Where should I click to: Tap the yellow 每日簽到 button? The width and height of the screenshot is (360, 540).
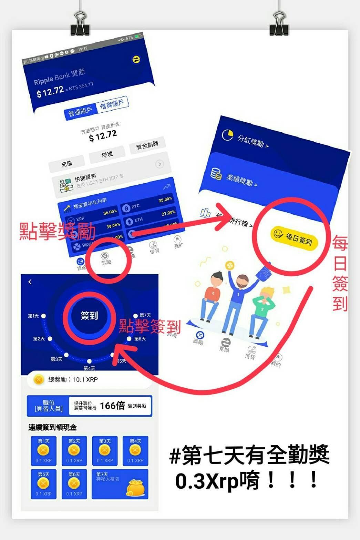coord(294,237)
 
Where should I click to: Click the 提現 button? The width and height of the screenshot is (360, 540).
coord(107,155)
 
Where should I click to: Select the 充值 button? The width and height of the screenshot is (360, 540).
coord(67,164)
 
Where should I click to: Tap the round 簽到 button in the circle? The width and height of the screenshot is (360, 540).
coord(89,315)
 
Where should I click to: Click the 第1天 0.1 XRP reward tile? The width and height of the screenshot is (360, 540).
coord(43,451)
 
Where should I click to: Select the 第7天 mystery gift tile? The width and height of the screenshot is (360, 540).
coord(120,484)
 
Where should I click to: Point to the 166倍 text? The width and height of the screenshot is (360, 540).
coord(112,406)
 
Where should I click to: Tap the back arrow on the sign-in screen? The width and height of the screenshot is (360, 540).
coord(30,282)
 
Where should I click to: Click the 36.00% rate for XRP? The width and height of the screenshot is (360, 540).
coord(110,213)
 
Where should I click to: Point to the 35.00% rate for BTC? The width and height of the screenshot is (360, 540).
coord(165,200)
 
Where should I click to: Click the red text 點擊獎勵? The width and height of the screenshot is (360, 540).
coord(57,231)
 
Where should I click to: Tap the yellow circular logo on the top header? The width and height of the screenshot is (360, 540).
coord(136,60)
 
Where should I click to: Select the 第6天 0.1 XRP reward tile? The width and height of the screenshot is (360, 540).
coord(74,484)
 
